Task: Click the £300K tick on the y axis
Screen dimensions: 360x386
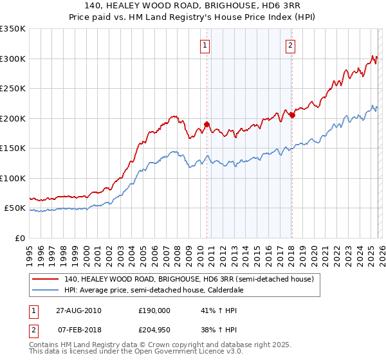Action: click(13, 59)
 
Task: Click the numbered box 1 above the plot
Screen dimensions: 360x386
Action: click(205, 45)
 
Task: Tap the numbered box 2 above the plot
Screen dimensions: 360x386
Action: click(290, 45)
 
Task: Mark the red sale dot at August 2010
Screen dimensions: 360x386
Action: click(207, 124)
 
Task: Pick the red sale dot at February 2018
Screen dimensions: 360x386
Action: click(291, 116)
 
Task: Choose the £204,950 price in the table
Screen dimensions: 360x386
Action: click(154, 329)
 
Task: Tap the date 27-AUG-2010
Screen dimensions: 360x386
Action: click(78, 310)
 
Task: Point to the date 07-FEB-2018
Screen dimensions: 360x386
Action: click(78, 329)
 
